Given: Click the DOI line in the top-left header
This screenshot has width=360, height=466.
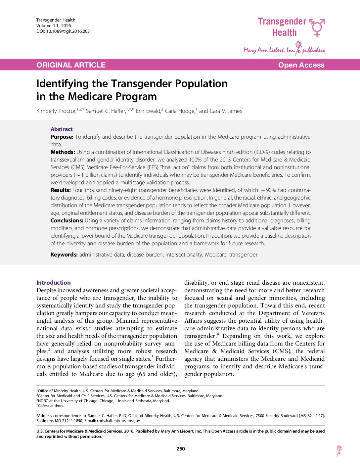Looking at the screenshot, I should pos(64,31).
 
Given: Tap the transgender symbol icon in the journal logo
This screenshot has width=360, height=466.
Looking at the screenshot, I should pos(317,27).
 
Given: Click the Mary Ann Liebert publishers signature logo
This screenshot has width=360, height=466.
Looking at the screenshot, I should pos(284,49).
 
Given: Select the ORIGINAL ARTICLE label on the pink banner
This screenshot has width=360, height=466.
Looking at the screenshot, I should pos(71,65).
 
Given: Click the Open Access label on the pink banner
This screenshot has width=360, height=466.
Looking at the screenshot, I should pos(301,65).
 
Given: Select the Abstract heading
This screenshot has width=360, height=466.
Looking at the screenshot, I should pos(62,129).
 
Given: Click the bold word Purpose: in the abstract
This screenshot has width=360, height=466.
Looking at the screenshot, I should pos(62,137).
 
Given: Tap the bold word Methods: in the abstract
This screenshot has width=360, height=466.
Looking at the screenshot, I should pos(63,152).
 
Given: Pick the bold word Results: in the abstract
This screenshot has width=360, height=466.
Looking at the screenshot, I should pos(61,190).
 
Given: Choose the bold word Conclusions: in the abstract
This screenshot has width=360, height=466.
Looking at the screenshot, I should pos(67,221).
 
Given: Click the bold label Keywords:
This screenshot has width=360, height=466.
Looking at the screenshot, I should pos(64,255).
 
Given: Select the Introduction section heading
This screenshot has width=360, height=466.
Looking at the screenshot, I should pos(54,283).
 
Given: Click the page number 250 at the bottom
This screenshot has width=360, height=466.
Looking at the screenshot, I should pos(181,449).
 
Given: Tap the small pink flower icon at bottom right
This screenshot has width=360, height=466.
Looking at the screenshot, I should pos(339,450).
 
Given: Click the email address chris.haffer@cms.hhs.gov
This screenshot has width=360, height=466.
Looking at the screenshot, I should pos(118,421).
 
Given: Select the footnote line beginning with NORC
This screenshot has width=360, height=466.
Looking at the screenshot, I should pos(104,401).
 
